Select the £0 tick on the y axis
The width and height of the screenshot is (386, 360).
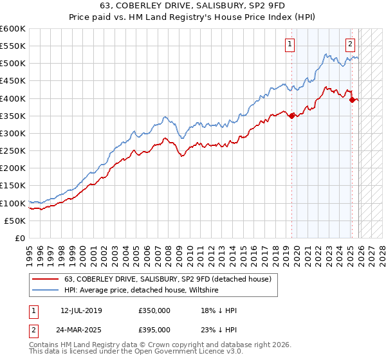coord(21,238)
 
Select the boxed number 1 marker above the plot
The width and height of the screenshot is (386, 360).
coord(289,44)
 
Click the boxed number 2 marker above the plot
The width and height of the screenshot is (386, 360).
coord(350,44)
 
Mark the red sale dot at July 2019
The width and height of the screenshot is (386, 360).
coord(291,116)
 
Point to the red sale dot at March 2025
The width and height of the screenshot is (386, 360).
coord(352,100)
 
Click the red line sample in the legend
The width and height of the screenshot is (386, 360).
coord(46,279)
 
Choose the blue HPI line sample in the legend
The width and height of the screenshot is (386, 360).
coord(46,291)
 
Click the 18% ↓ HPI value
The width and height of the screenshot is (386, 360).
coord(219,310)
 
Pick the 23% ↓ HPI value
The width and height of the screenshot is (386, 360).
coord(219,330)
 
